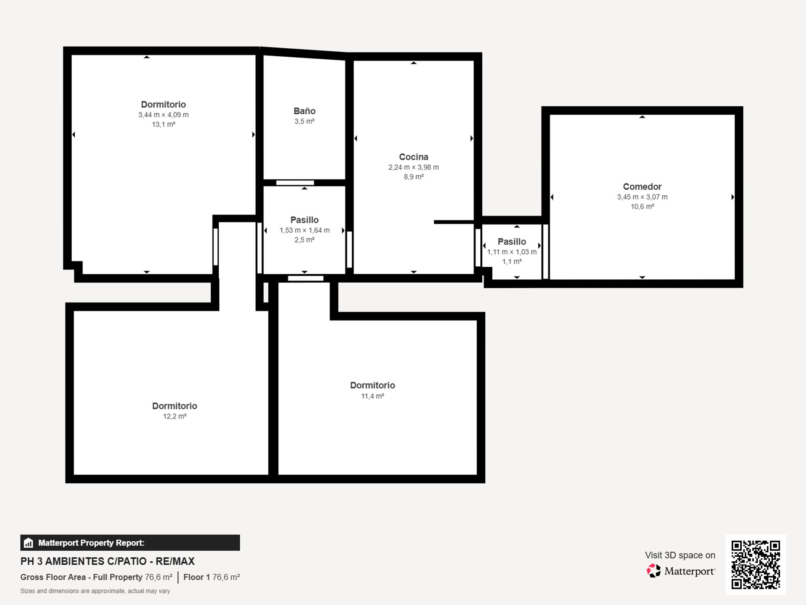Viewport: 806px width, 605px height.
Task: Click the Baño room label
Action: tap(304, 111)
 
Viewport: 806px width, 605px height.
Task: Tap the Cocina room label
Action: tap(413, 157)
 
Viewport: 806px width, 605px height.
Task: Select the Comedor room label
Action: tap(642, 187)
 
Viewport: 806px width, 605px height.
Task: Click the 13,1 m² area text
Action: tap(163, 124)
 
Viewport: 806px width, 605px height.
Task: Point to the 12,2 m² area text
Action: tap(175, 416)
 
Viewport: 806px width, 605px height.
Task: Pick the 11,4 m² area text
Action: tap(372, 396)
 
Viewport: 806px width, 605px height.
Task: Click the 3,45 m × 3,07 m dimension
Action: tap(642, 197)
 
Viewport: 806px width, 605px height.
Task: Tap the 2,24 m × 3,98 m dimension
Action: tap(413, 167)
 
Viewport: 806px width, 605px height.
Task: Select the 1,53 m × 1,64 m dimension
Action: tap(304, 230)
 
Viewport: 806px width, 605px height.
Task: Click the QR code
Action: tap(756, 565)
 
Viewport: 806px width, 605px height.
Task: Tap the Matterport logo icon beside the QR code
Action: tap(653, 571)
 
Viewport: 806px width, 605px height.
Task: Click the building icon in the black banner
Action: tap(29, 543)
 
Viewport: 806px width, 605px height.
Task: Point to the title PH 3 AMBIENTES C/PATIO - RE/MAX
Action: tap(107, 561)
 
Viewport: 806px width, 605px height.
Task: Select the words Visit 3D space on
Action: tap(680, 555)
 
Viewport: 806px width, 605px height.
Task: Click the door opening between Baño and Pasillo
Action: tap(295, 183)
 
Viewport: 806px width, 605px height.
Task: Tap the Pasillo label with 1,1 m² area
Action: tap(512, 242)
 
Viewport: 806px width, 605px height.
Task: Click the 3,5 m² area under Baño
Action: tap(304, 121)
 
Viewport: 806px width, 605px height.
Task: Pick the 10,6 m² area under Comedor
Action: tap(642, 207)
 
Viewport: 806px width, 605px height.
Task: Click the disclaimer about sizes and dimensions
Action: tap(95, 591)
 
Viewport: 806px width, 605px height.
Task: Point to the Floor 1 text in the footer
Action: tap(196, 577)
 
